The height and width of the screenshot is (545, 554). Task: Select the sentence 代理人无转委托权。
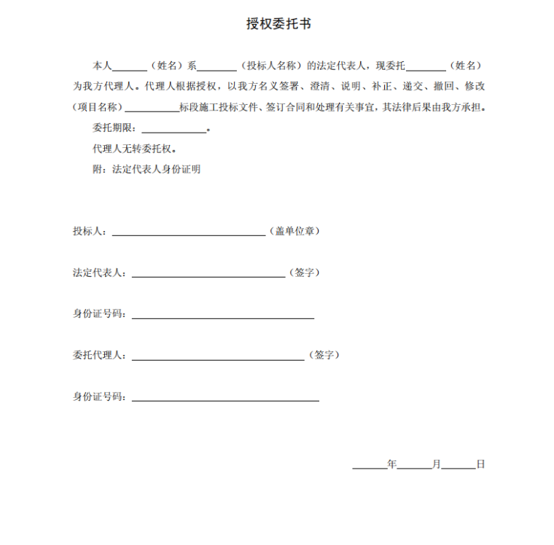(x=134, y=149)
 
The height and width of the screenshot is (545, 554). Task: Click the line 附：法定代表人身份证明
(x=146, y=169)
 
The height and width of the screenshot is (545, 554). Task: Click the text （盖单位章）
(x=294, y=231)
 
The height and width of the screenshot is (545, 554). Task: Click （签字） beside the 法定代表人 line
(x=304, y=272)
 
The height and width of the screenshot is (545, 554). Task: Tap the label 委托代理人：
(x=100, y=356)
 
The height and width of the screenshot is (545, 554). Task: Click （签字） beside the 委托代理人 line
(x=324, y=356)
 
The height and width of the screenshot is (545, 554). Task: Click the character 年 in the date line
(x=392, y=464)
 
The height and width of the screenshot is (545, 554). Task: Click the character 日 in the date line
(x=480, y=464)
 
